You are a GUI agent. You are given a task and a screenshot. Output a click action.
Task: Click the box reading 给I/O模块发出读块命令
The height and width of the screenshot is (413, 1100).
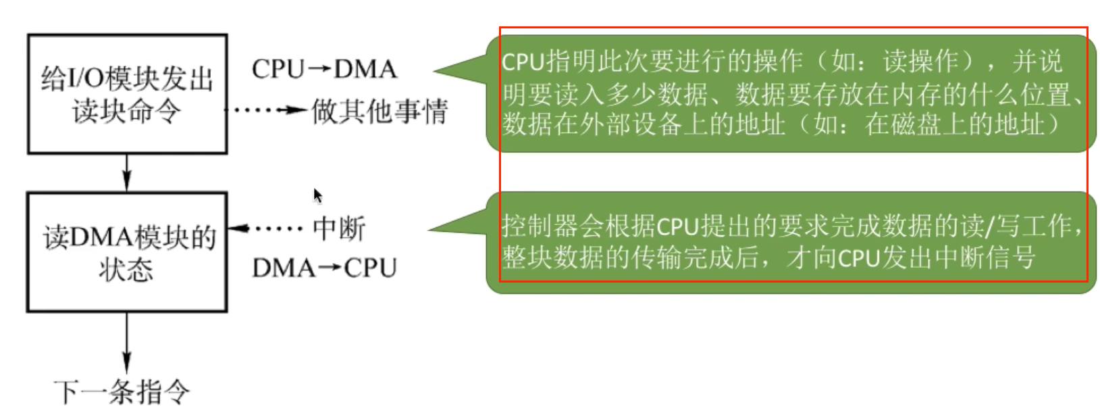click(x=127, y=94)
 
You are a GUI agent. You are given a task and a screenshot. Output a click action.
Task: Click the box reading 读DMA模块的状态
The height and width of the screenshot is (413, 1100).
click(x=127, y=252)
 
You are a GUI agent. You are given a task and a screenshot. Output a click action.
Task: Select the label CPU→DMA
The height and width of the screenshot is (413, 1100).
click(x=324, y=69)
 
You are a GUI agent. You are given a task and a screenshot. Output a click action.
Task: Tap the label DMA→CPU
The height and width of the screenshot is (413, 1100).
click(x=324, y=268)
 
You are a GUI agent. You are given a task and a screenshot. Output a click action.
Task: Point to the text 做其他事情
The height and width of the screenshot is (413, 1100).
click(x=379, y=112)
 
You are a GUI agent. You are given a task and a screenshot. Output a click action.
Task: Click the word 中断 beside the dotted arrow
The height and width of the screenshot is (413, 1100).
click(x=339, y=228)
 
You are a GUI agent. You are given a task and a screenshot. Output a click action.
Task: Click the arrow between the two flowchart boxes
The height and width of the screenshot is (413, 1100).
click(x=126, y=173)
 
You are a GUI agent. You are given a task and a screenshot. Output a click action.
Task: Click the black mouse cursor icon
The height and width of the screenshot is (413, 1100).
click(x=317, y=195)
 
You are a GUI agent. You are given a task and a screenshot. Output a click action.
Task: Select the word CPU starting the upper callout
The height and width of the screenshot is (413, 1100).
click(x=523, y=62)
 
